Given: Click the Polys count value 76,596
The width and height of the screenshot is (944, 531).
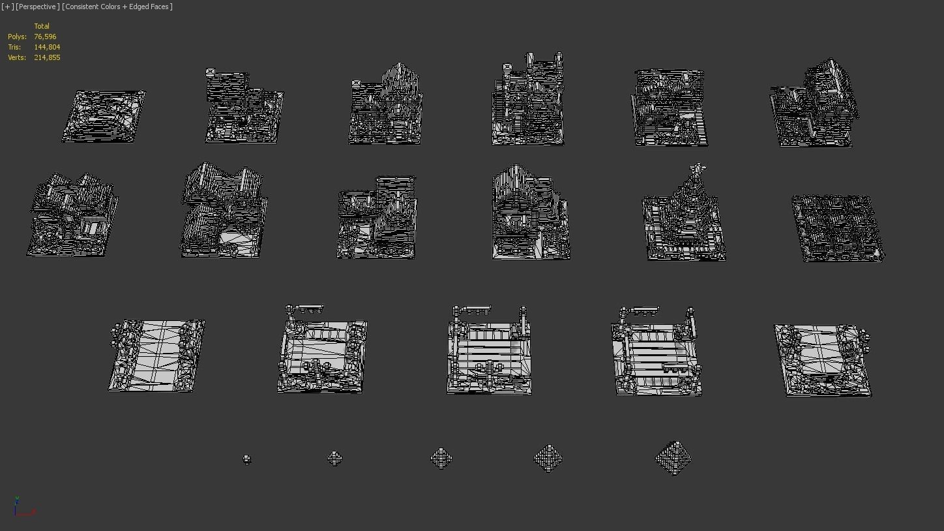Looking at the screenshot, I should (x=45, y=37).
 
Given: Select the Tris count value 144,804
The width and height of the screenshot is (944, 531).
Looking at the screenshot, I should (x=47, y=47).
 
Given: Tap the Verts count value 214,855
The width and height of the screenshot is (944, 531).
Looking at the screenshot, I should (x=47, y=57).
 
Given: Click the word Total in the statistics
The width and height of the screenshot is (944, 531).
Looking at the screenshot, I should (x=42, y=26).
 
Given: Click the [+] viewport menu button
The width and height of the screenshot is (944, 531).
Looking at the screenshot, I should (x=8, y=7).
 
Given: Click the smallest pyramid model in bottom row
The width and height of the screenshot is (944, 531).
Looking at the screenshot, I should (x=246, y=459).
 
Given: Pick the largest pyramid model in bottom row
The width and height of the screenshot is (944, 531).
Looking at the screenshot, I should (x=673, y=458).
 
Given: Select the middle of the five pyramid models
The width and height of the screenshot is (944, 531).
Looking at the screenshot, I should (x=441, y=458).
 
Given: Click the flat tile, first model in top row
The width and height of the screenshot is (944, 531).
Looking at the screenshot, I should (x=104, y=116).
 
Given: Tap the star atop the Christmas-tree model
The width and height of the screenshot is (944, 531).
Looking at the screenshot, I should (x=698, y=169).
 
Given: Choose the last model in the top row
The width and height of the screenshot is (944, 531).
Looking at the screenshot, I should (x=815, y=106).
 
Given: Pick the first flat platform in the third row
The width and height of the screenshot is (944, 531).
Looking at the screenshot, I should (x=156, y=355).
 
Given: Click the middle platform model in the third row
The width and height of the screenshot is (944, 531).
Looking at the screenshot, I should (x=489, y=352).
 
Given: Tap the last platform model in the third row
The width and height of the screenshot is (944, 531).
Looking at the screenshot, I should (x=823, y=359).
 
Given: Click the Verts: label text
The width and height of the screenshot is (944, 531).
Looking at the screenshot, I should (x=17, y=57).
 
